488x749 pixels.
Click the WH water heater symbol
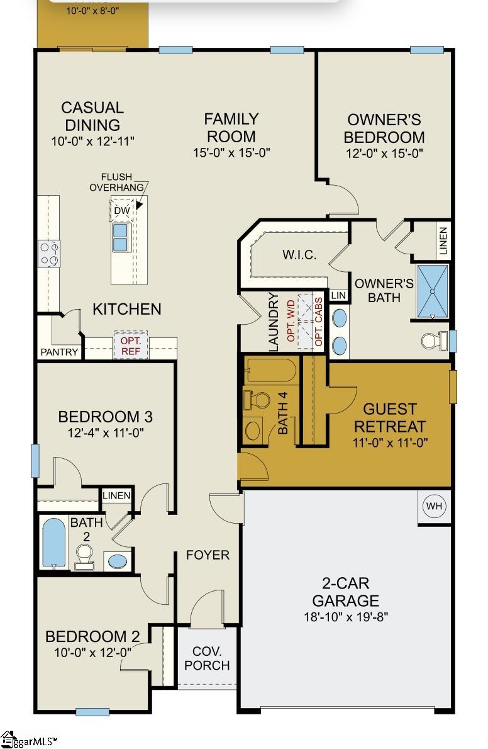click(434, 506)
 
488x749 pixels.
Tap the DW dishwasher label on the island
click(122, 210)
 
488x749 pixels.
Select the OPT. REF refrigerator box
click(130, 346)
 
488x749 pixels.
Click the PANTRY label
click(59, 352)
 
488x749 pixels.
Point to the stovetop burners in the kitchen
click(49, 254)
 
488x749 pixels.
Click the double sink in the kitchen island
click(120, 237)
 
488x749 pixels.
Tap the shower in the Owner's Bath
click(433, 291)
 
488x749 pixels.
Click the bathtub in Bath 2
click(53, 544)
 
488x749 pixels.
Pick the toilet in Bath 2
click(84, 558)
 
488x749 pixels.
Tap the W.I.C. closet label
click(299, 255)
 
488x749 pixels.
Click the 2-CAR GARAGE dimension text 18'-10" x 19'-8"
click(346, 617)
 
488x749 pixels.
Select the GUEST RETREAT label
click(390, 417)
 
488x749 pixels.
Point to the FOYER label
click(208, 555)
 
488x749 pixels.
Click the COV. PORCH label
click(208, 658)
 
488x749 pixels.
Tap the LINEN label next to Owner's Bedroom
click(443, 240)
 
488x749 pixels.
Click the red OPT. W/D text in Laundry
click(291, 320)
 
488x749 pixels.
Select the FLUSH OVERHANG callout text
click(116, 183)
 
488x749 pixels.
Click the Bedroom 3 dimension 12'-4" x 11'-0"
click(106, 433)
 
